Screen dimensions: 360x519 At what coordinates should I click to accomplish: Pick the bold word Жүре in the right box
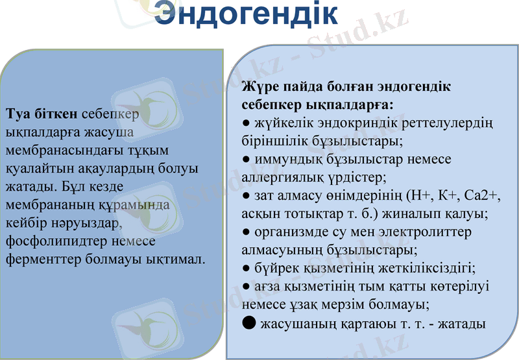click(258, 86)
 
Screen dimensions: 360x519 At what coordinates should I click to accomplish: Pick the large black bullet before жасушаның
click(248, 322)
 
